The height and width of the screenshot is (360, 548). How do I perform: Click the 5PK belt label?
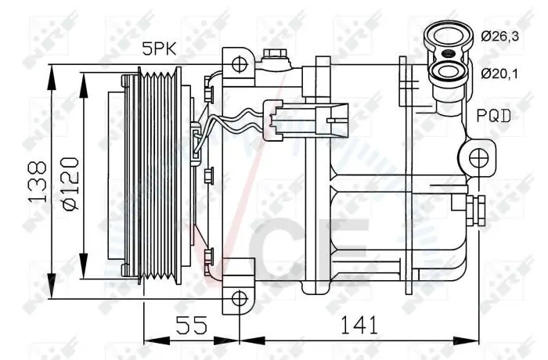[x=159, y=49]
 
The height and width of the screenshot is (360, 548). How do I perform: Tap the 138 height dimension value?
[x=38, y=182]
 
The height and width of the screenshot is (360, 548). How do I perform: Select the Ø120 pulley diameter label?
[x=70, y=183]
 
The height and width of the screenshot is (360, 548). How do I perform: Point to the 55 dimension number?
[x=191, y=325]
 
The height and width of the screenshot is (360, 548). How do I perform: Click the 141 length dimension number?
[x=359, y=325]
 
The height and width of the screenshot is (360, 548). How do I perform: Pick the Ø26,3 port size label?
[x=499, y=36]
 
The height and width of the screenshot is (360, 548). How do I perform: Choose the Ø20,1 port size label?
[x=499, y=74]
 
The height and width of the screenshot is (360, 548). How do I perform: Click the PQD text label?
[x=494, y=116]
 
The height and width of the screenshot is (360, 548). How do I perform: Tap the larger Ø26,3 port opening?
[x=449, y=36]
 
